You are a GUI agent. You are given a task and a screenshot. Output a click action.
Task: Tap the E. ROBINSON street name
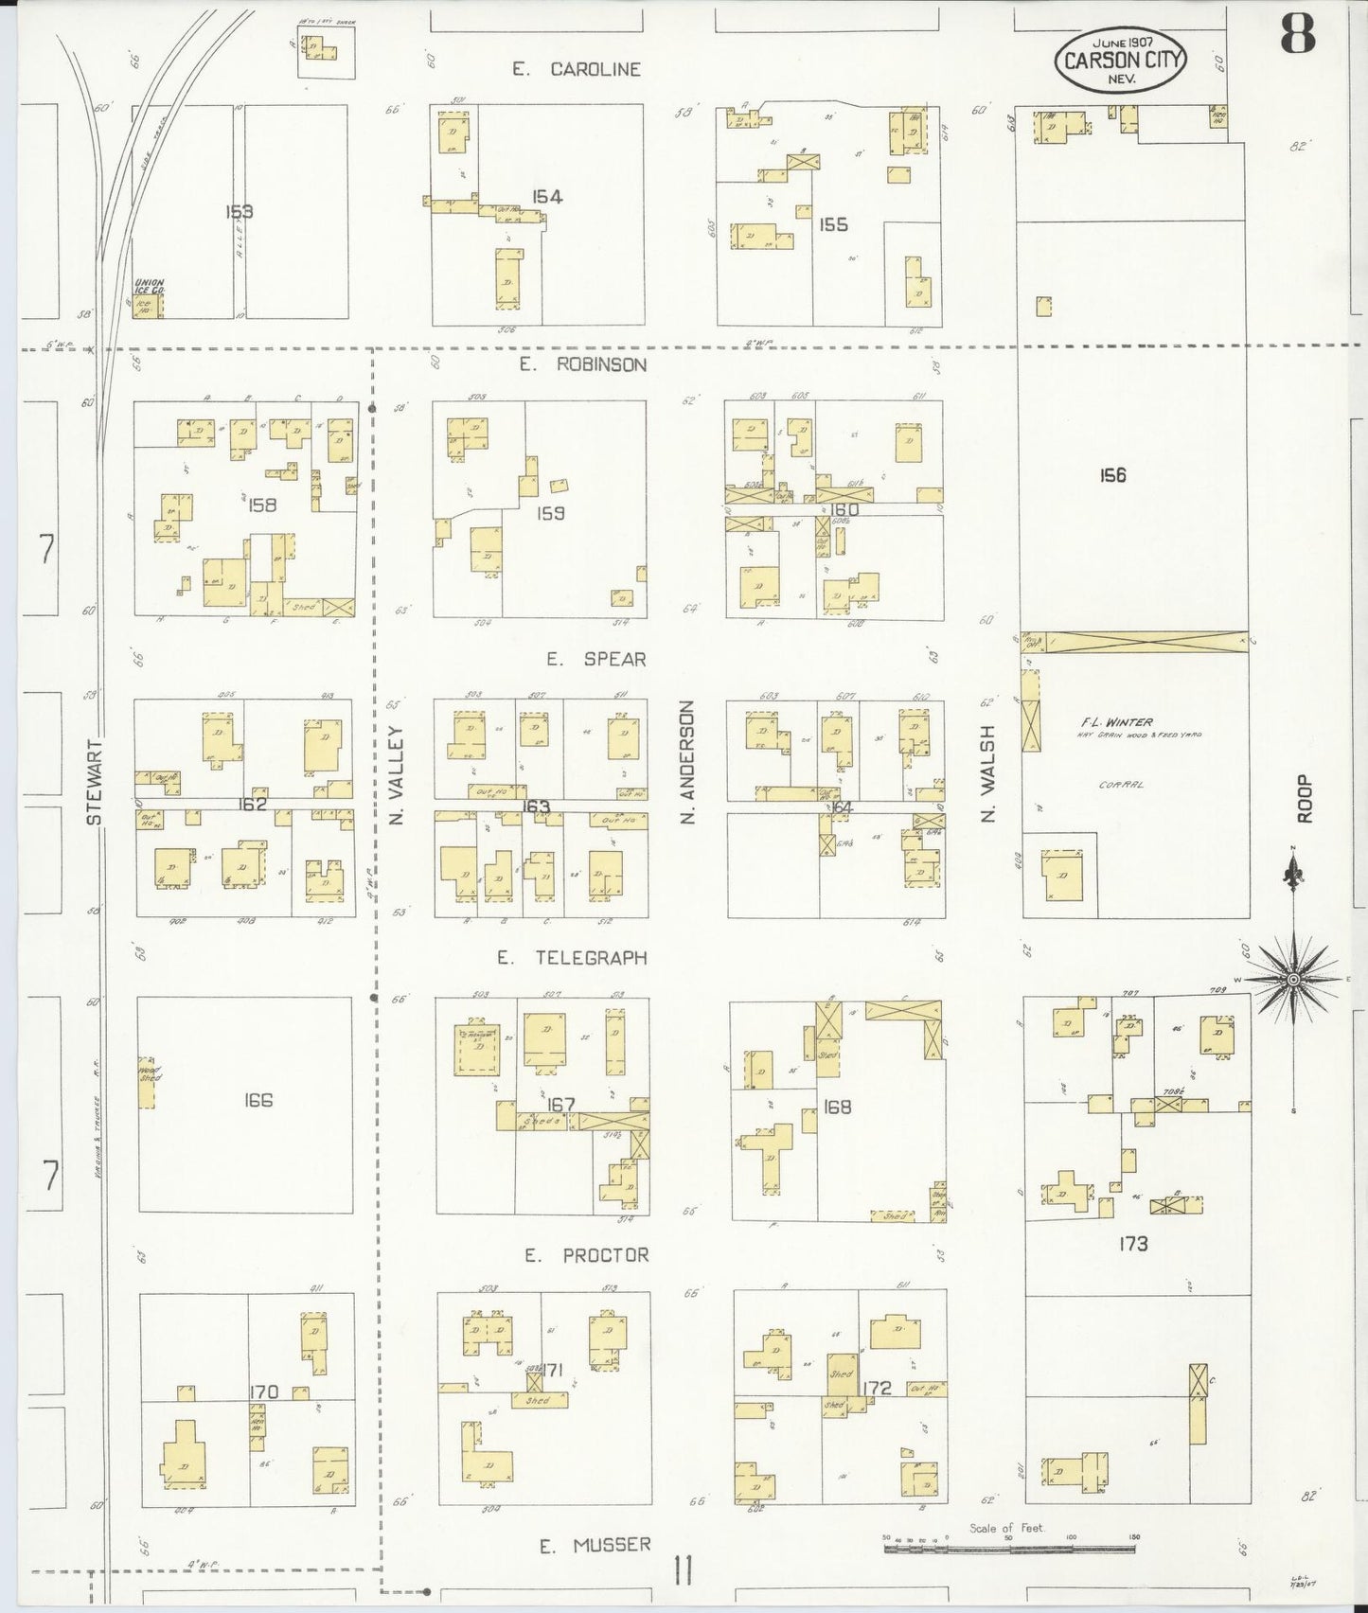[582, 364]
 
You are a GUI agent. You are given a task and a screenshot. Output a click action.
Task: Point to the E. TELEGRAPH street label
[572, 958]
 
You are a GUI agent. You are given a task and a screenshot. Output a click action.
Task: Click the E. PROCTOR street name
[587, 1255]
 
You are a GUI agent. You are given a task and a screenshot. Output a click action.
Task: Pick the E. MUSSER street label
[595, 1546]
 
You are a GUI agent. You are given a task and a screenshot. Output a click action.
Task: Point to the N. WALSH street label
[989, 773]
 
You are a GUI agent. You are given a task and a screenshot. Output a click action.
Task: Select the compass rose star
[1293, 977]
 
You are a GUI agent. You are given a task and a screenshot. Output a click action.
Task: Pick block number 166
[258, 1100]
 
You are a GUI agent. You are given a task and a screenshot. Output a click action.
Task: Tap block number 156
[1112, 475]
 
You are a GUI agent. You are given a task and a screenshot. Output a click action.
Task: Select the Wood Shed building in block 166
[148, 1082]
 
